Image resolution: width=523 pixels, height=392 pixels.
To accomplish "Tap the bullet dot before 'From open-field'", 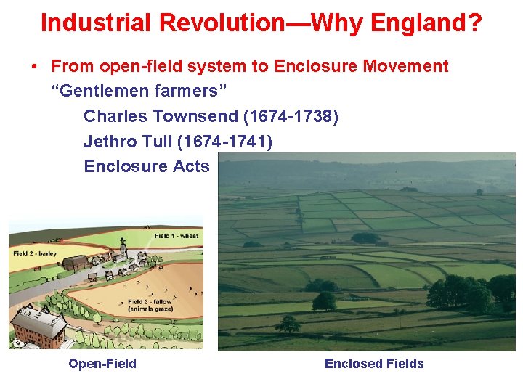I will click(35, 67).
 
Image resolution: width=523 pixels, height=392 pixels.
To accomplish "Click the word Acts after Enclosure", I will click(191, 166).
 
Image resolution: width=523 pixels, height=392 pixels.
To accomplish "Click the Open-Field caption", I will click(102, 364).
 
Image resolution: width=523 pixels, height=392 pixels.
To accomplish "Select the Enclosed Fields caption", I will click(374, 364).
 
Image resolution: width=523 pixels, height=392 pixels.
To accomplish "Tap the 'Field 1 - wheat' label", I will click(177, 236).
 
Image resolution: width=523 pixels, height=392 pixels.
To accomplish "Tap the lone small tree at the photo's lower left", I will click(288, 323).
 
